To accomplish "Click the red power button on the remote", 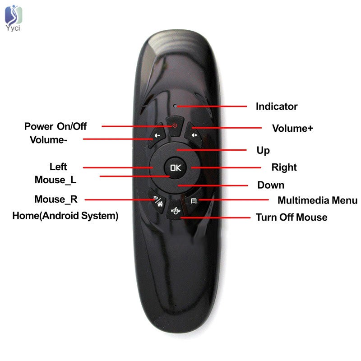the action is (175, 125).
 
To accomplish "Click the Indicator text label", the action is (277, 106).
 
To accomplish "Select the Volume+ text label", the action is (292, 128).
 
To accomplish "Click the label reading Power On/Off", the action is (55, 126).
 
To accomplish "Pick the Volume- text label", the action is (49, 139).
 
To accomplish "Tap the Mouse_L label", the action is (56, 180).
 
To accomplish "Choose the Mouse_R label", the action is (56, 199).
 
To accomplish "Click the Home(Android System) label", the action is (65, 216).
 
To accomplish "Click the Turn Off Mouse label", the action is (292, 218).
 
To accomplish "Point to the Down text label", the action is (271, 185).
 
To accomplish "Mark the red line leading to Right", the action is (226, 168).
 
